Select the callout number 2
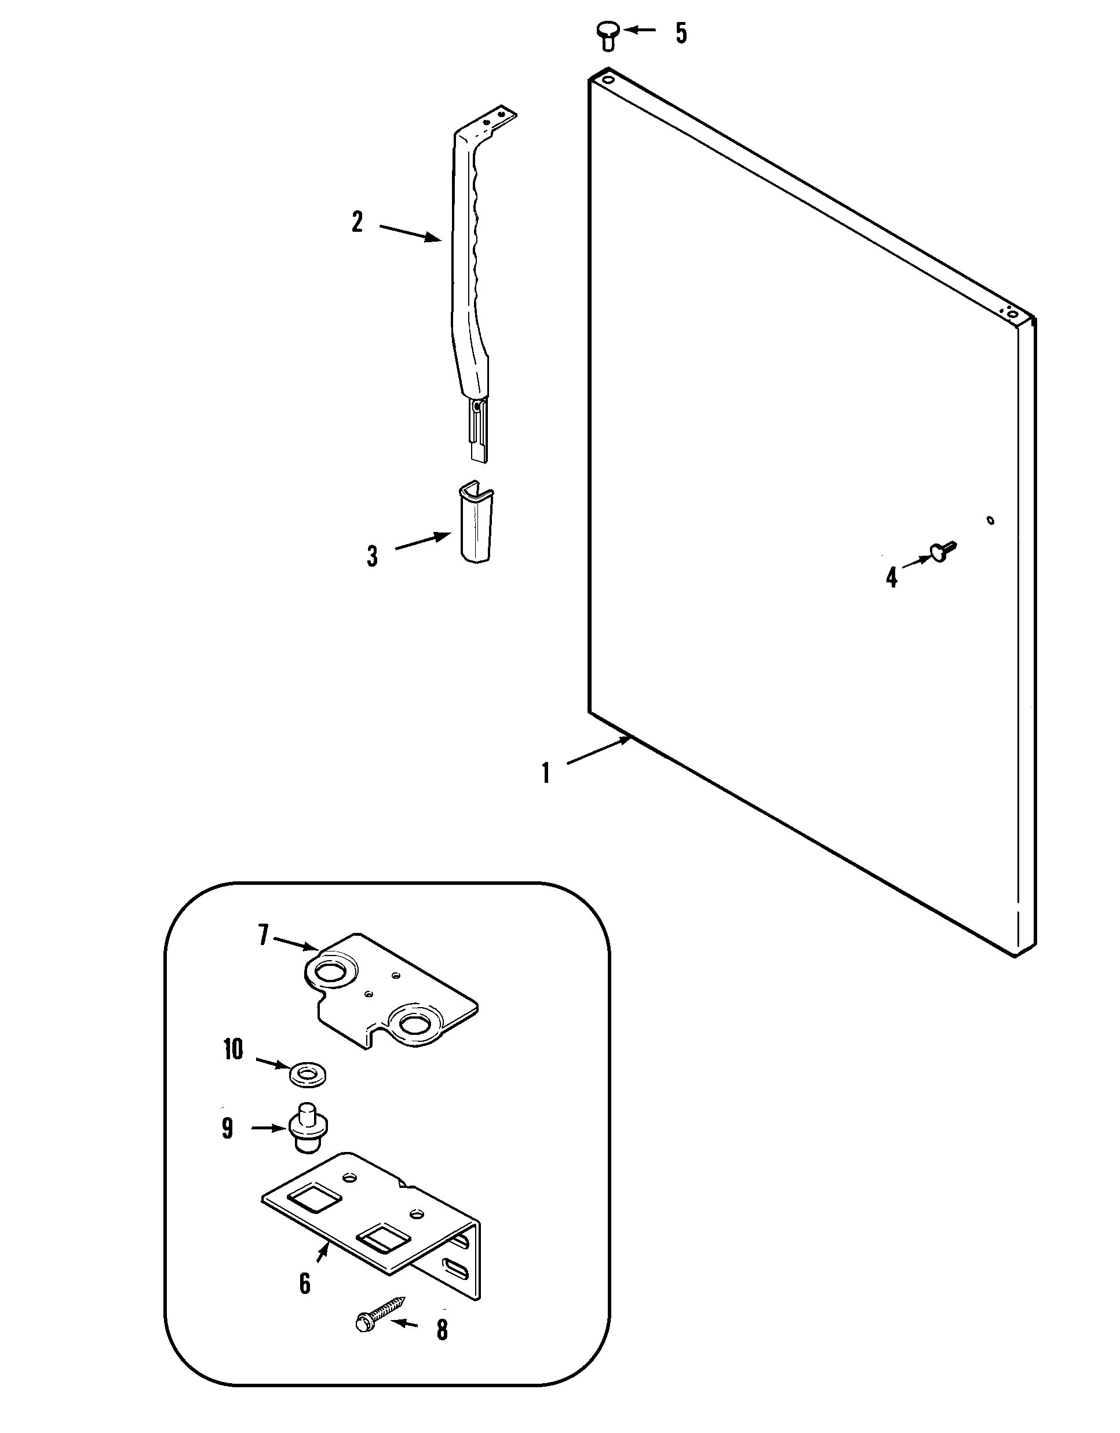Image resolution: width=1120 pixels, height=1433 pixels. [357, 222]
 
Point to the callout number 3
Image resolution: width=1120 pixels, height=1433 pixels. [372, 556]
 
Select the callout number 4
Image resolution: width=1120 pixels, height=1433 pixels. [891, 577]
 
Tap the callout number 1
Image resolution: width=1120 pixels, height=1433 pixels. [545, 773]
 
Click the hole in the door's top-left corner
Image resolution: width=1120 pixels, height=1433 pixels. [608, 80]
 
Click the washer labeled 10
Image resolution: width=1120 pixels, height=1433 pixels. [307, 1075]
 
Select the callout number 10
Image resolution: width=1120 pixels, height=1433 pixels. [233, 1050]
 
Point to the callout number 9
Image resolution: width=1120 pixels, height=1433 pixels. [227, 1129]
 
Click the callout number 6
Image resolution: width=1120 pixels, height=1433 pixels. [304, 1283]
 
